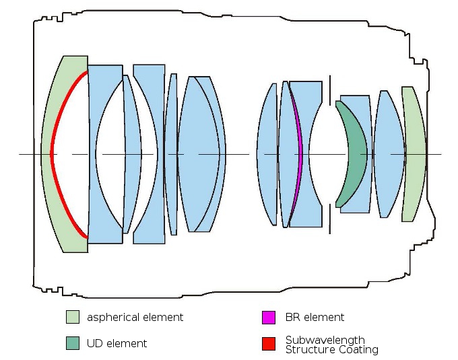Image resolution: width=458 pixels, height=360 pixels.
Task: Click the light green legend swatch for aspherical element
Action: tap(72, 317)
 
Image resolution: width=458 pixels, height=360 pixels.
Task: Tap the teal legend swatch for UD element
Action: tap(72, 343)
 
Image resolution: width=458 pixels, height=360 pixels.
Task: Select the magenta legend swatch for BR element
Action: tap(268, 317)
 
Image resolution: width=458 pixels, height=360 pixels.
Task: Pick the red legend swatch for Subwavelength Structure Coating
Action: tap(268, 343)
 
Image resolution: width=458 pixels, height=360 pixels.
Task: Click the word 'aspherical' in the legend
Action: tap(112, 317)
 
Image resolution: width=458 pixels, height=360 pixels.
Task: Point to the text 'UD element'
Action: tap(117, 343)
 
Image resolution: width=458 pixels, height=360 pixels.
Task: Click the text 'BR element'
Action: tap(315, 317)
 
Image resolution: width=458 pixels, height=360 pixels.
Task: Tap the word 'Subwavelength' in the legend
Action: tap(325, 340)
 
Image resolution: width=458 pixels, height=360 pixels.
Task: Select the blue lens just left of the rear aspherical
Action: tap(389, 154)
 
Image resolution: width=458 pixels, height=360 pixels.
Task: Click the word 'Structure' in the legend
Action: tap(307, 349)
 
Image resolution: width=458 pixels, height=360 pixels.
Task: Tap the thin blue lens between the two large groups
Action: tap(172, 154)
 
